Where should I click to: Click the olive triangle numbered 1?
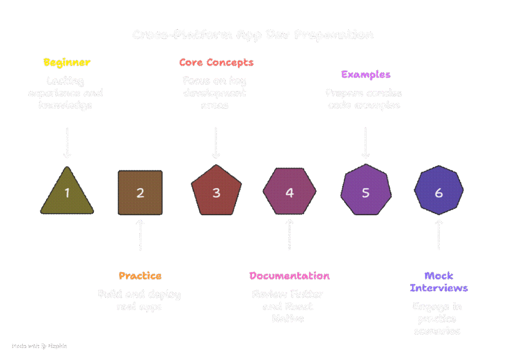tap(67, 193)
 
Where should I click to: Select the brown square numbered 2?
tap(140, 193)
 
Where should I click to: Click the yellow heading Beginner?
tap(67, 63)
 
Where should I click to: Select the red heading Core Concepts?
tap(216, 63)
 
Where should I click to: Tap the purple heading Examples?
tap(366, 75)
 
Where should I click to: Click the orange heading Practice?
tap(140, 276)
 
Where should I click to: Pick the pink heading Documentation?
tap(290, 276)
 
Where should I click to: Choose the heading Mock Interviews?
tap(439, 282)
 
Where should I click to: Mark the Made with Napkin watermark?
tap(40, 346)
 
